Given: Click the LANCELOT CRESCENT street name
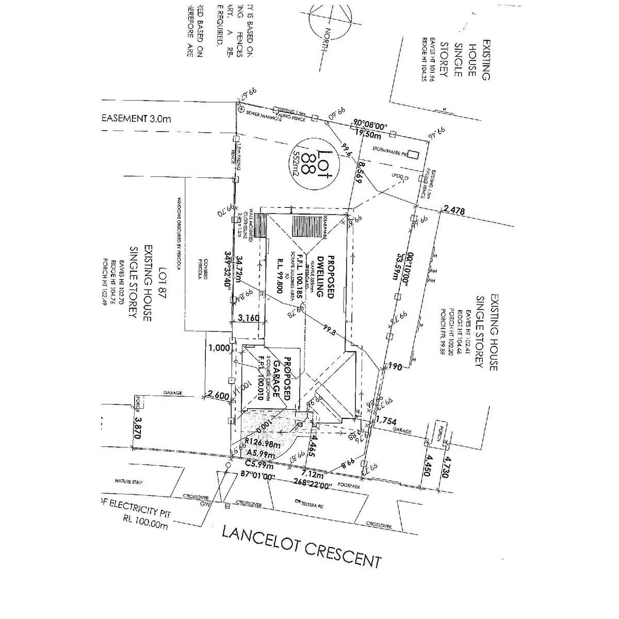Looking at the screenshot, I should coord(301,546).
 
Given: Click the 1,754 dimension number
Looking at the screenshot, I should coord(386,421).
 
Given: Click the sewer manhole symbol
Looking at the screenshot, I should coord(240,110).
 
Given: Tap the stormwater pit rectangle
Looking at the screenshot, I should coord(413,154).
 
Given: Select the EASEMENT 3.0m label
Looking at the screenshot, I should coord(136,119).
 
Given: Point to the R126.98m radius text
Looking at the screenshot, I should coord(263,442).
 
